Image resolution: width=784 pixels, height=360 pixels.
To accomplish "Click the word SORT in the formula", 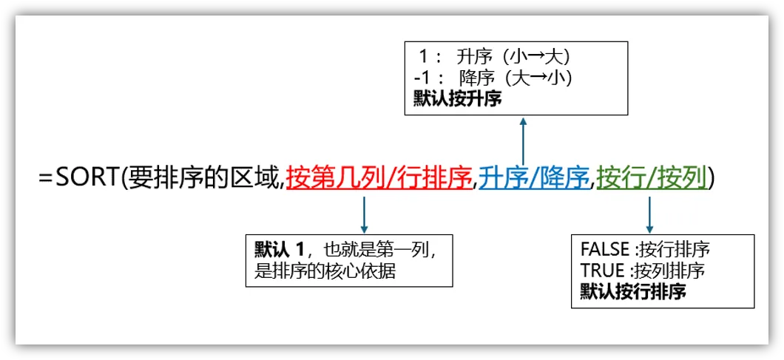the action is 87,178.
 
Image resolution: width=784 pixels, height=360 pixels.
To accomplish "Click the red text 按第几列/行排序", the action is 379,178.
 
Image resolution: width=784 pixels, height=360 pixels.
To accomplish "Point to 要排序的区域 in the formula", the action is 206,178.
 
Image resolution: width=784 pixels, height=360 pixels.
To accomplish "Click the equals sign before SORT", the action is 46,179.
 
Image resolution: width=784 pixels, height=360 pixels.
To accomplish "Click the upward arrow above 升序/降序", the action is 523,140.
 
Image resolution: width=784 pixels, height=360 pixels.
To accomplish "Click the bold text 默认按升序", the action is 458,98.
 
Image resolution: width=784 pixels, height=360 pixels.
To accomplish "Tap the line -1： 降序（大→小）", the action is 493,77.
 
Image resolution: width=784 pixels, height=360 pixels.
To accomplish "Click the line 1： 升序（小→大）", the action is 494,56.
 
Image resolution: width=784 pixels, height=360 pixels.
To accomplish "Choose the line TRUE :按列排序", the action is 642,270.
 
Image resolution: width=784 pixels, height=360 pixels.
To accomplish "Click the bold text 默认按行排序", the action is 632,291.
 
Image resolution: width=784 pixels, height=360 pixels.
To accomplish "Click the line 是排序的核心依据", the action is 325,271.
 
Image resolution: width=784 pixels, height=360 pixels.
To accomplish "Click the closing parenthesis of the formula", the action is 712,179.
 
